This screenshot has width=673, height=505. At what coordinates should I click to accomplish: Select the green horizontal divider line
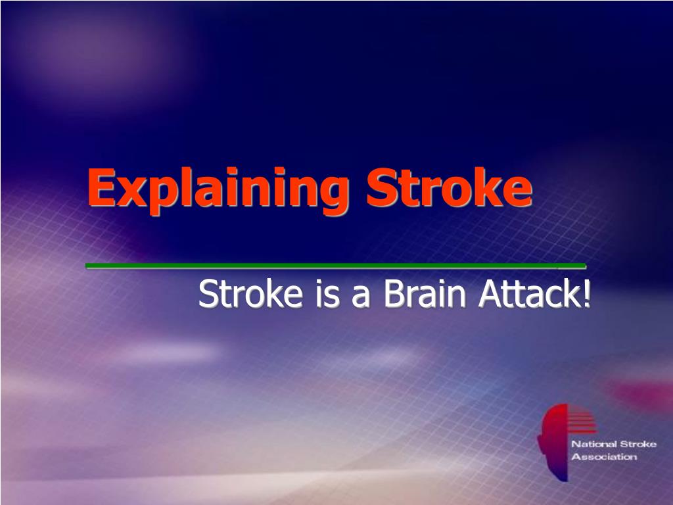336,266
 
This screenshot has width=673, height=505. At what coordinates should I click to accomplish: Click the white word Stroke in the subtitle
250,294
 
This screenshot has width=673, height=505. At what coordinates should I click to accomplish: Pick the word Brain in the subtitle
425,294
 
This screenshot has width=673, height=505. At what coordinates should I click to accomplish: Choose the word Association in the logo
605,457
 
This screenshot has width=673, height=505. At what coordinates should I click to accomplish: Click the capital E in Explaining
102,187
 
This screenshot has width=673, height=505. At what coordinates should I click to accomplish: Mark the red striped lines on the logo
582,420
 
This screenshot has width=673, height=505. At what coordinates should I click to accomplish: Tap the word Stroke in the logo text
638,445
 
